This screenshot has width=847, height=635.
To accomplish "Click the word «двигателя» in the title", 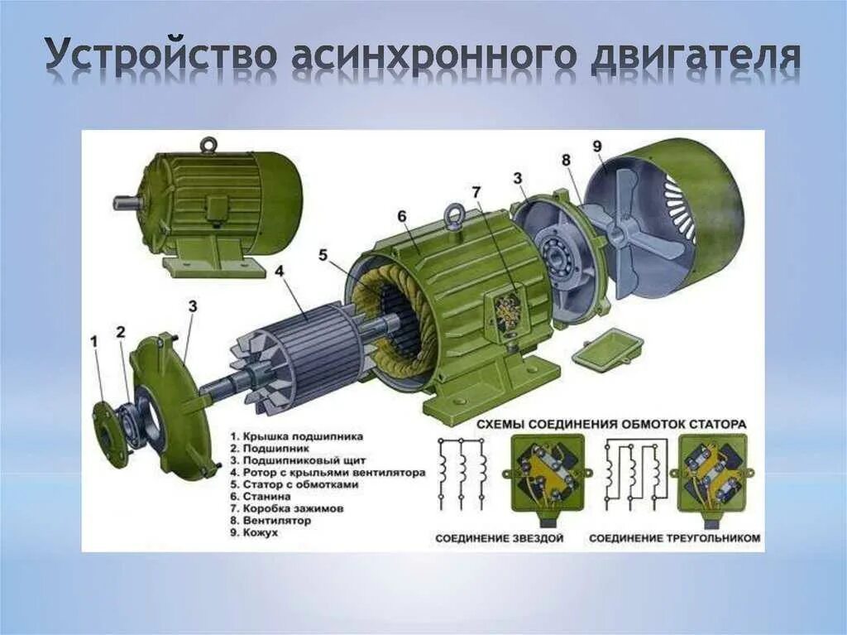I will point(696,57).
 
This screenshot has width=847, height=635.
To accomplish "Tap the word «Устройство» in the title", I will point(160,55).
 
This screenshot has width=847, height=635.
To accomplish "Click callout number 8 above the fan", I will point(566,160).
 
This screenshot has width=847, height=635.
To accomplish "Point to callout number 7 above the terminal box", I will point(476,192).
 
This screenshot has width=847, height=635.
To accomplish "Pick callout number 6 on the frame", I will point(402,217).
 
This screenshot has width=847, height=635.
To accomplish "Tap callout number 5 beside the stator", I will point(324,255).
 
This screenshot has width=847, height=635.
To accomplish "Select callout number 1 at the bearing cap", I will point(94,339).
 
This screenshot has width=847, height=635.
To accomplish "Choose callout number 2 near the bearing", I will point(121,333).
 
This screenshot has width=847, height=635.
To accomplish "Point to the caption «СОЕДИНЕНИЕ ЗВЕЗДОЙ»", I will point(499,538).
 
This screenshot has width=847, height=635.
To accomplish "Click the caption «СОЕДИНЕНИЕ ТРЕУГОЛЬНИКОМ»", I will point(674,538).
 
